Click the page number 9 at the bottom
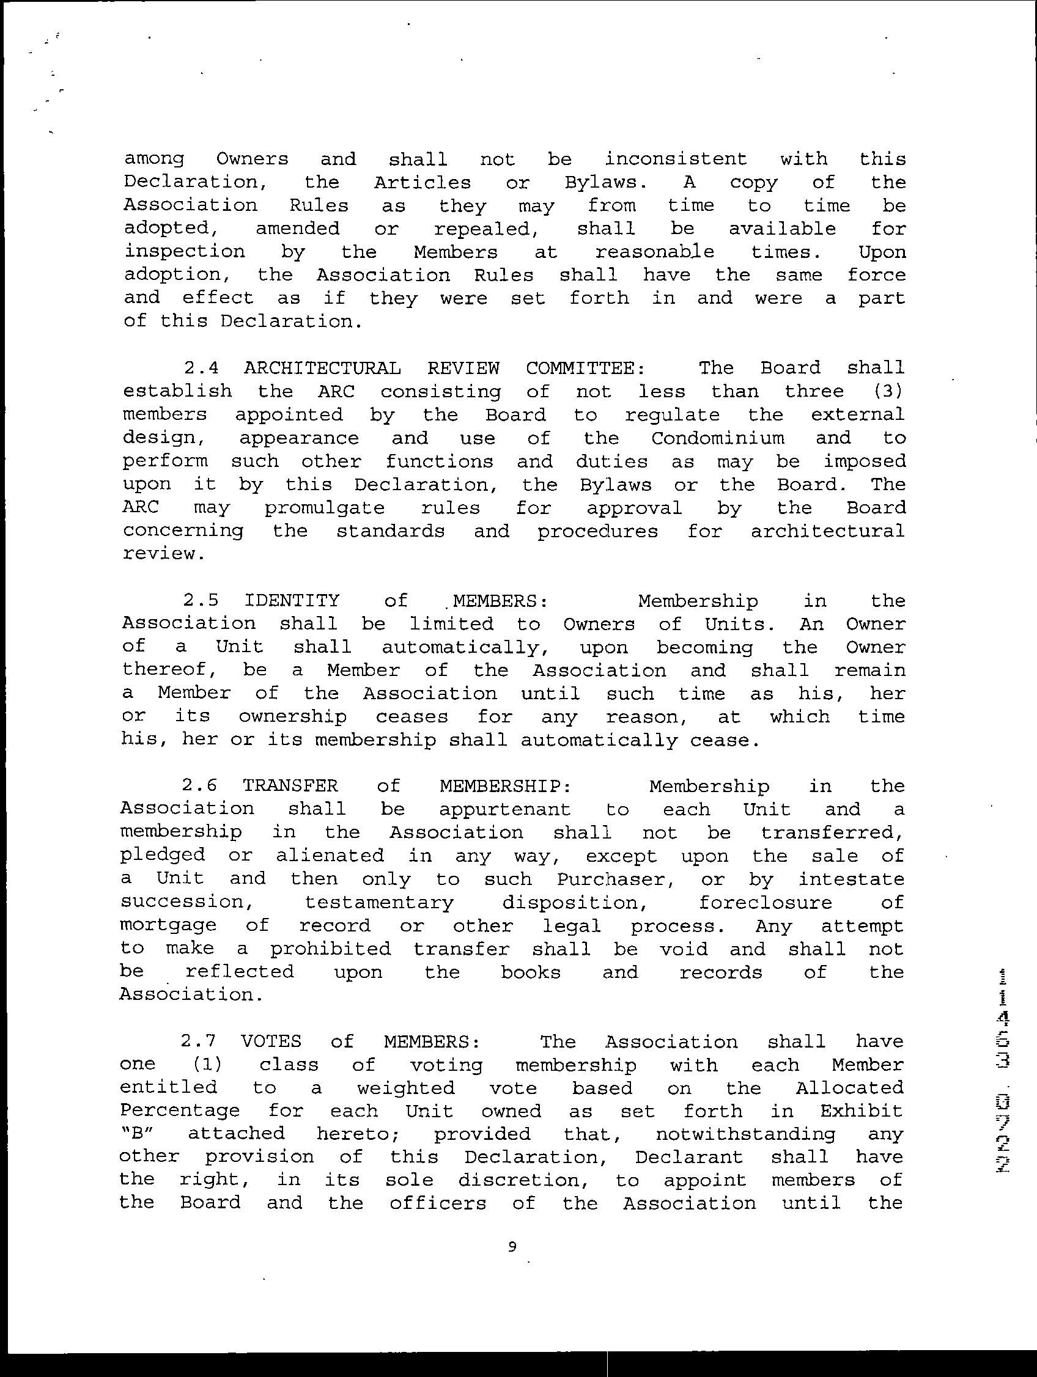(x=512, y=1246)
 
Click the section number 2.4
(x=201, y=368)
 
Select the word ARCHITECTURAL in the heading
(x=322, y=368)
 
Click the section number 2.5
(x=201, y=601)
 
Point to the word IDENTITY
(x=292, y=601)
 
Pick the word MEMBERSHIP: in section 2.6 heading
(x=505, y=786)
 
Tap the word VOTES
(x=271, y=1041)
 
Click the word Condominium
(x=717, y=438)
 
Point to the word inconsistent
(x=676, y=159)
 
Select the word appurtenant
(x=504, y=809)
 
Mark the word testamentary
(x=379, y=902)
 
